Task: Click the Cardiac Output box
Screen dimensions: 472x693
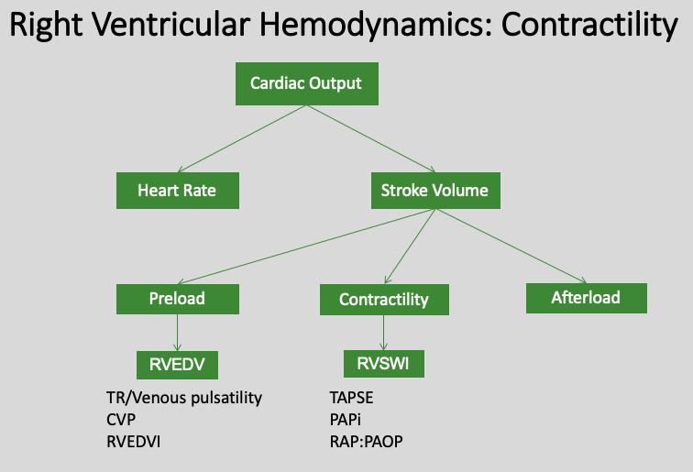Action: point(305,83)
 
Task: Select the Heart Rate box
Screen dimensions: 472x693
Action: point(177,192)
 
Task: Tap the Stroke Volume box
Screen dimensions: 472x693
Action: point(434,192)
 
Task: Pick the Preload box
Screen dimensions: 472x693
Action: point(177,299)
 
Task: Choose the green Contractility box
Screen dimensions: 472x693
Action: point(383,300)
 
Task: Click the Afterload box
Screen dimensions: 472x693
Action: point(586,298)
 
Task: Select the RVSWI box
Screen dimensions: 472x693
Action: point(383,364)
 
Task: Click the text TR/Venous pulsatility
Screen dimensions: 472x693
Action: point(184,398)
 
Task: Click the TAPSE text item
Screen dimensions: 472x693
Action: point(352,398)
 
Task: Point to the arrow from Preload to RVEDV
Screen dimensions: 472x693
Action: point(177,333)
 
